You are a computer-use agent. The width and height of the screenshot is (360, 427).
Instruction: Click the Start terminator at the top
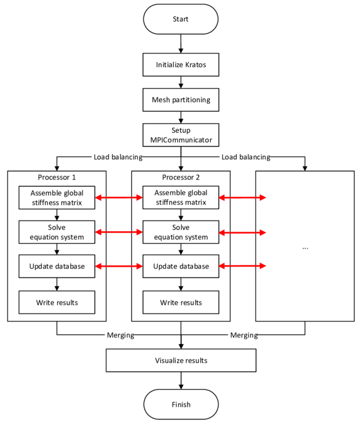click(181, 19)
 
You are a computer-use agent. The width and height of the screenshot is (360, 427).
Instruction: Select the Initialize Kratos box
click(181, 65)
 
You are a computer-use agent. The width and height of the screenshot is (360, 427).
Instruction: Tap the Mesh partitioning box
click(181, 99)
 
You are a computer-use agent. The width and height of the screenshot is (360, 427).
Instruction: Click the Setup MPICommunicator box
click(181, 135)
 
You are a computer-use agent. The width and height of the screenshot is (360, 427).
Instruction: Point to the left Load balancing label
click(118, 157)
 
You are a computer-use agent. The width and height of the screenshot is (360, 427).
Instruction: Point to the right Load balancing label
click(245, 157)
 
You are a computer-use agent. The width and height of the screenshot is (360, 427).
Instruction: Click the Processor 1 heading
click(57, 178)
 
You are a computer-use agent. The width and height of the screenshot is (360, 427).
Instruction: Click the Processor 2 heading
click(181, 178)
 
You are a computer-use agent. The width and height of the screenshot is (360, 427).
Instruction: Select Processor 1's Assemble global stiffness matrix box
click(57, 198)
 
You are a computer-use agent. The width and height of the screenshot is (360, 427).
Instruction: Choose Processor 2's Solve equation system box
click(181, 232)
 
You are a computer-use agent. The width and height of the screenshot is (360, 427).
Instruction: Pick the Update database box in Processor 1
click(57, 266)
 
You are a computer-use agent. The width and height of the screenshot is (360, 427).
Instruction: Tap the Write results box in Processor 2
click(181, 302)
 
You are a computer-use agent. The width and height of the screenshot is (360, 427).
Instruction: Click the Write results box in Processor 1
click(57, 302)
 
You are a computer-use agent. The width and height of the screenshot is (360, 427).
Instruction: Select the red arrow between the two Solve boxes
click(119, 232)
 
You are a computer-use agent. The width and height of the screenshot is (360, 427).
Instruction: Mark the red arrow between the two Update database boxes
click(119, 266)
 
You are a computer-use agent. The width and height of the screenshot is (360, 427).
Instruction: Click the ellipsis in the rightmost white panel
click(305, 247)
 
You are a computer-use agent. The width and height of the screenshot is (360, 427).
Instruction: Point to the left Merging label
click(120, 335)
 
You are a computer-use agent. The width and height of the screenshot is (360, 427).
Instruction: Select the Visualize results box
click(181, 360)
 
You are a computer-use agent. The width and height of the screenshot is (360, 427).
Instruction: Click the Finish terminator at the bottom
click(181, 404)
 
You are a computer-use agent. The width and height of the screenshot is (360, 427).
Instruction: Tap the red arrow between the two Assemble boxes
click(119, 198)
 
